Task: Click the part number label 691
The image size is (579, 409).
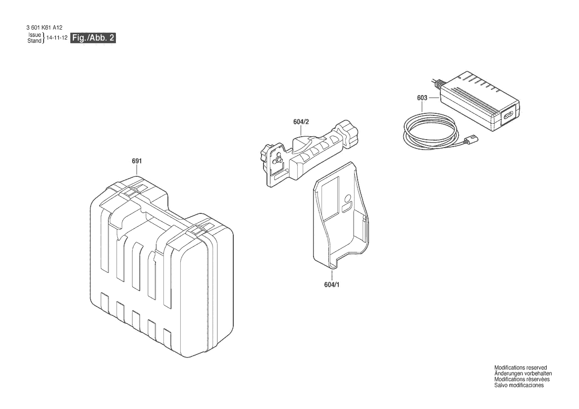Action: pos(137,161)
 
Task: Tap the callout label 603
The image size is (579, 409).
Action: pos(422,98)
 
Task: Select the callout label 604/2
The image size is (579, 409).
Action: pos(301,122)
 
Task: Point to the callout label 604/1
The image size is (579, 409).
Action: pos(331,285)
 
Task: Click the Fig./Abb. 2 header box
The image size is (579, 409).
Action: pos(93,38)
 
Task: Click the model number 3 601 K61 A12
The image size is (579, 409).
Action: pos(45,28)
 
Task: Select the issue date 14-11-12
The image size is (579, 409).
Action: pos(57,38)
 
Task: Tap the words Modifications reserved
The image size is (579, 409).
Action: pos(521,368)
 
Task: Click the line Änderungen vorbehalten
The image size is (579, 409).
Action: pos(523,373)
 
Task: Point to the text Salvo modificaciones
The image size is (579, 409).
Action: pos(519,385)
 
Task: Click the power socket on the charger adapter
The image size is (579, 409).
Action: pos(507,115)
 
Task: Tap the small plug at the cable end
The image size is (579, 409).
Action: pos(473,139)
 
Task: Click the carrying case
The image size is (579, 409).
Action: pos(162,266)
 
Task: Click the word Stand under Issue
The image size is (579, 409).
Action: pos(34,41)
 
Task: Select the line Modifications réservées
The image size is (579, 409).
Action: pos(522,379)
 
